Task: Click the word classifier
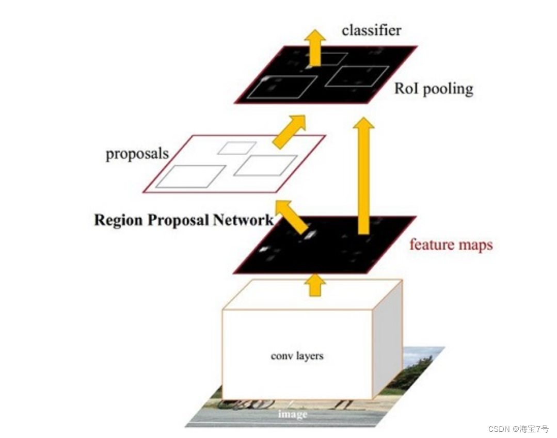click(x=371, y=30)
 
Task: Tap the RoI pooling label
click(x=434, y=89)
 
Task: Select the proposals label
click(x=137, y=154)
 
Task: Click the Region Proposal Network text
click(x=183, y=220)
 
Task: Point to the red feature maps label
click(x=451, y=244)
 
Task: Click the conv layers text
click(x=297, y=355)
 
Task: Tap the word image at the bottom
click(x=292, y=414)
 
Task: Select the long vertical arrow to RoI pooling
click(x=364, y=175)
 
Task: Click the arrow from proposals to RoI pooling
click(x=289, y=132)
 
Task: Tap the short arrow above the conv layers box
click(x=315, y=285)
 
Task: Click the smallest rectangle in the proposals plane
click(x=237, y=148)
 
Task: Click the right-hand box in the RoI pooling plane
click(x=357, y=76)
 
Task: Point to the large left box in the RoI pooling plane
click(x=282, y=87)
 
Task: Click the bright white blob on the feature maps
click(x=310, y=235)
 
